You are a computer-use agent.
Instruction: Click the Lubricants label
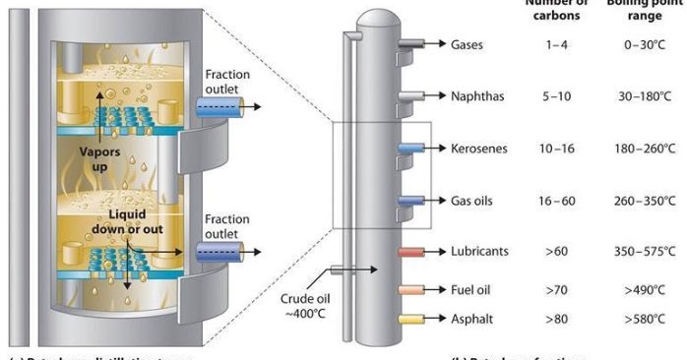[x=479, y=251]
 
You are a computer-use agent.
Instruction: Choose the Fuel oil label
[x=473, y=290]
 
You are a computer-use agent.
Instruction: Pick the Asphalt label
[x=472, y=320]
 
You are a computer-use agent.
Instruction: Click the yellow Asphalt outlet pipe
[x=409, y=320]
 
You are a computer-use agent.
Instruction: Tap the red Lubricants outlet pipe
[x=409, y=252]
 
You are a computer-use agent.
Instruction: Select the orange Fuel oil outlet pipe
[x=409, y=290]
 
